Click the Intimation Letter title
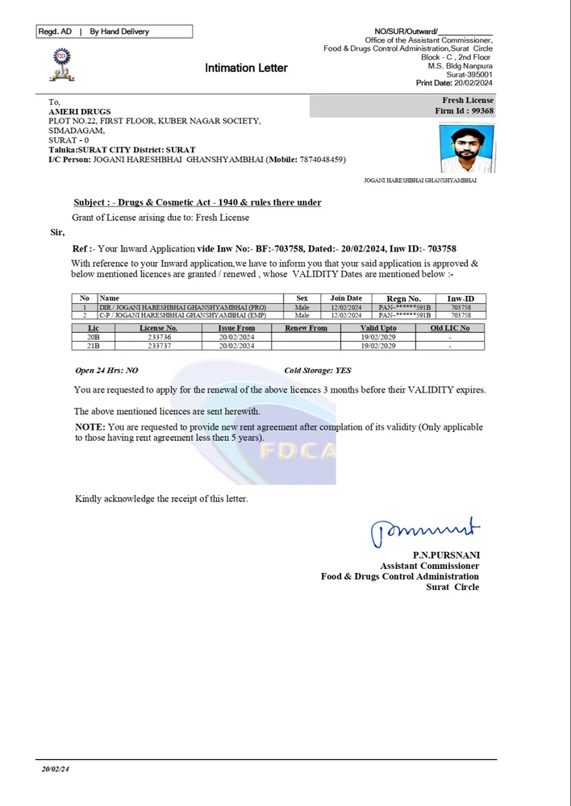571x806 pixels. tap(246, 69)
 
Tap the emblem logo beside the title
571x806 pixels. tap(62, 64)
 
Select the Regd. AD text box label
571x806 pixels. tap(55, 31)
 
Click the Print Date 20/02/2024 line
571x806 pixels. tap(454, 83)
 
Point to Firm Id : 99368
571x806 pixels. tap(464, 111)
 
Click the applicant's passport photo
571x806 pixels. tap(467, 149)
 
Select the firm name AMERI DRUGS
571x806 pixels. tap(80, 111)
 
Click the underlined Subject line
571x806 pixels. tap(198, 202)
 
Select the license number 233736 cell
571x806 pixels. tap(159, 337)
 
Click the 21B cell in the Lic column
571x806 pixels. tap(94, 346)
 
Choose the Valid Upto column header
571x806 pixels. tap(378, 328)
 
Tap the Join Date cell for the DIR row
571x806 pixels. tap(346, 307)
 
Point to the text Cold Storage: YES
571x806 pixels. tap(318, 371)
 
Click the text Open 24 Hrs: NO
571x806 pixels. tap(106, 371)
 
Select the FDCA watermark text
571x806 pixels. tap(297, 451)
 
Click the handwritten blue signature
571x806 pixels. tap(425, 530)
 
